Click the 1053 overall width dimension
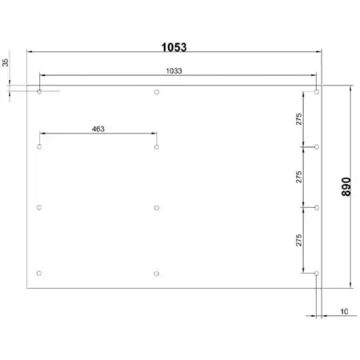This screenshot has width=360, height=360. pos(174,47)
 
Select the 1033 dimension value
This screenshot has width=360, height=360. pos(174,71)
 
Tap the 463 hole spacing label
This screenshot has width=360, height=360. pos(98,129)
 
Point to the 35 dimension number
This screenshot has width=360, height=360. pos(6,62)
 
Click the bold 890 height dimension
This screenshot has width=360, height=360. pos(346,186)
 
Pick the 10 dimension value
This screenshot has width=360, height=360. pos(344,311)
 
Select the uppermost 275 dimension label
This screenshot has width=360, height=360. pos(299,119)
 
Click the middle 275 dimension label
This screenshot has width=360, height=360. pos(299,177)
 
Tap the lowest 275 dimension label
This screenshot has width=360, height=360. pos(299,240)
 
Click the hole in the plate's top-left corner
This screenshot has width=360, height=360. pos(39,92)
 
